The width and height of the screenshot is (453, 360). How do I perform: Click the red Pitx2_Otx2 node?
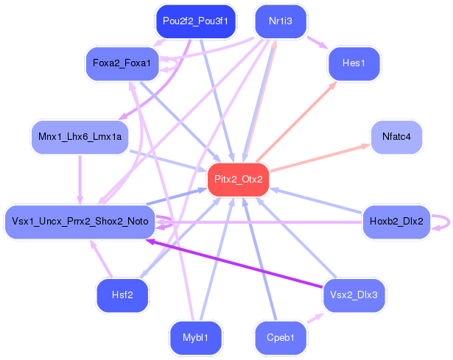click(x=239, y=180)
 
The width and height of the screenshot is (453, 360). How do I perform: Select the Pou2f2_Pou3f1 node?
click(x=196, y=21)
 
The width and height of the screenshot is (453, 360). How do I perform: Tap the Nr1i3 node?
click(x=281, y=21)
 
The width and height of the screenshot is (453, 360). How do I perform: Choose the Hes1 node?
click(x=354, y=63)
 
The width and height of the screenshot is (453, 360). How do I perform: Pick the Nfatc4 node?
click(x=396, y=137)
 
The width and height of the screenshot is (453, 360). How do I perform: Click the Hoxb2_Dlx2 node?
click(x=396, y=222)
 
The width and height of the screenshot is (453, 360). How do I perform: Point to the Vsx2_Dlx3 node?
click(x=354, y=295)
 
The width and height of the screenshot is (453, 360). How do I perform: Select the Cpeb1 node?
click(x=281, y=338)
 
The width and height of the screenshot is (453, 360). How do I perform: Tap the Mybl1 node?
click(x=196, y=338)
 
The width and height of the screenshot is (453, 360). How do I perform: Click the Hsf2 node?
click(x=122, y=295)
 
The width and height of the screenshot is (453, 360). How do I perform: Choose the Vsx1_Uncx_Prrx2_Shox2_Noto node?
click(x=80, y=222)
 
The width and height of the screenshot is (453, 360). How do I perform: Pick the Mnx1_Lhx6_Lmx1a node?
click(x=80, y=137)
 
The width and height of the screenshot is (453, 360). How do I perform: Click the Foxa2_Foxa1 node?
click(x=122, y=63)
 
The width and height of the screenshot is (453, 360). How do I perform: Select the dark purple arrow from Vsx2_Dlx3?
click(x=234, y=264)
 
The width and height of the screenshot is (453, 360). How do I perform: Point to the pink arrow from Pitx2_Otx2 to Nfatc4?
click(x=320, y=158)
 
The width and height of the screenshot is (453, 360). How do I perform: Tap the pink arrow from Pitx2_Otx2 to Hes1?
click(x=296, y=121)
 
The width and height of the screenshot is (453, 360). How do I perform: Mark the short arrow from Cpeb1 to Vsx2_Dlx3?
click(x=315, y=318)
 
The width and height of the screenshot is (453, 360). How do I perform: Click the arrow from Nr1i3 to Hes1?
click(x=317, y=43)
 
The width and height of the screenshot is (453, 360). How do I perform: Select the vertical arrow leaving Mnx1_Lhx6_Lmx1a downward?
click(x=80, y=180)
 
